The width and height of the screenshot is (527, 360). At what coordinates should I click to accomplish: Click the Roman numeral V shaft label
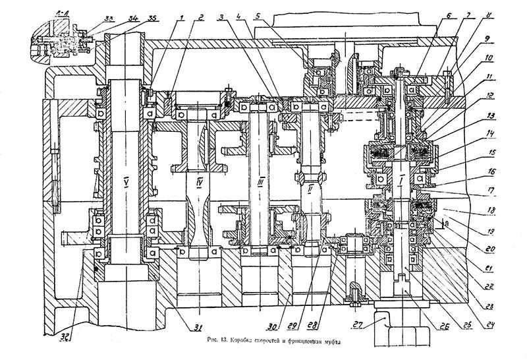126,179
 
